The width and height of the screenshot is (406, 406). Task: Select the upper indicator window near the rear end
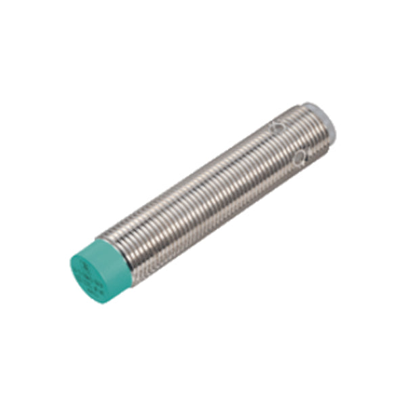point(276,126)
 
